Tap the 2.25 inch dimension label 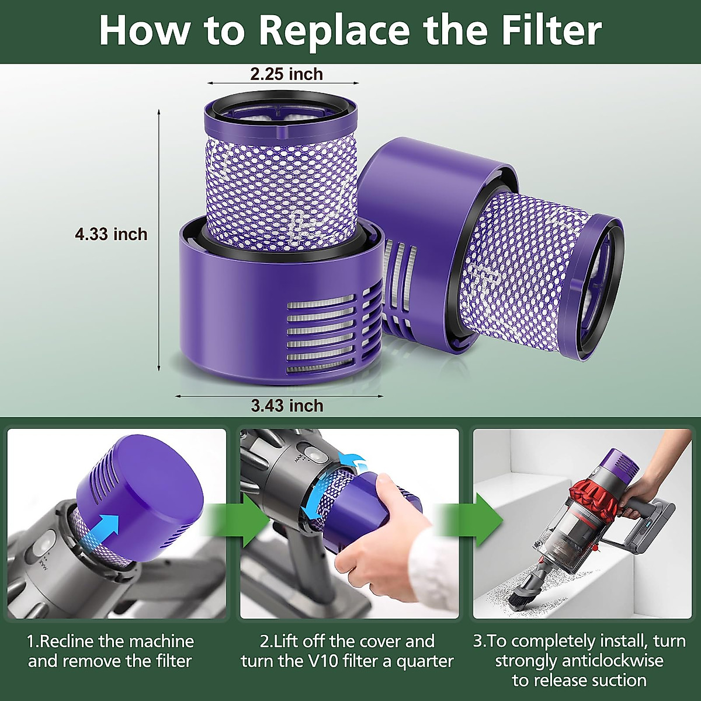click(286, 74)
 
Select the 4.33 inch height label click(111, 234)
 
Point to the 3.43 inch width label click(287, 405)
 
